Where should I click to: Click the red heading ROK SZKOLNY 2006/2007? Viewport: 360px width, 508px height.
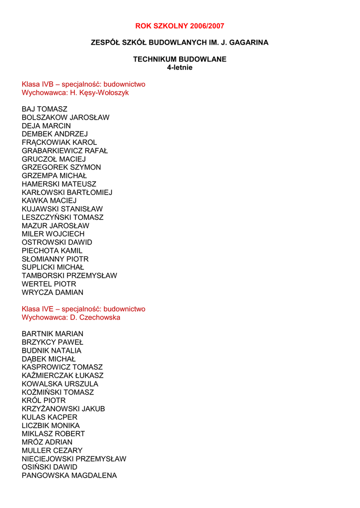point(179,26)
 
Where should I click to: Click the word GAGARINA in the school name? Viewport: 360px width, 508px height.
point(249,43)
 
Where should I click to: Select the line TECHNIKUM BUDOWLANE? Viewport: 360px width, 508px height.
point(179,59)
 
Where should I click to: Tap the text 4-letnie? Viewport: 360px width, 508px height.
point(179,67)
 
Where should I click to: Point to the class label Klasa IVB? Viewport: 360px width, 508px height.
point(37,84)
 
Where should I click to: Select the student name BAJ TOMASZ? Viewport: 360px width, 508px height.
point(45,109)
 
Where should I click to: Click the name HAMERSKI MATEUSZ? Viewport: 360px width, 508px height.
point(59,184)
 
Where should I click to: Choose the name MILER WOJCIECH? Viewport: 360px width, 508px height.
point(53,234)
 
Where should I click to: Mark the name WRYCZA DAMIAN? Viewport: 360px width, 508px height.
point(53,292)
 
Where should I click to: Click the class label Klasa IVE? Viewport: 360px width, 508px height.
point(37,309)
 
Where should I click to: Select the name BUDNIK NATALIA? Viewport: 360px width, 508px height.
point(52,351)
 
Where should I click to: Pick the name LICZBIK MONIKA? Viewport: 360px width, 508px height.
point(51,426)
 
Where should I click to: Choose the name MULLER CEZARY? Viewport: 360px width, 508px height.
point(52,450)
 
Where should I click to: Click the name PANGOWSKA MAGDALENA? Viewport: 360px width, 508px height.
point(70,475)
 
